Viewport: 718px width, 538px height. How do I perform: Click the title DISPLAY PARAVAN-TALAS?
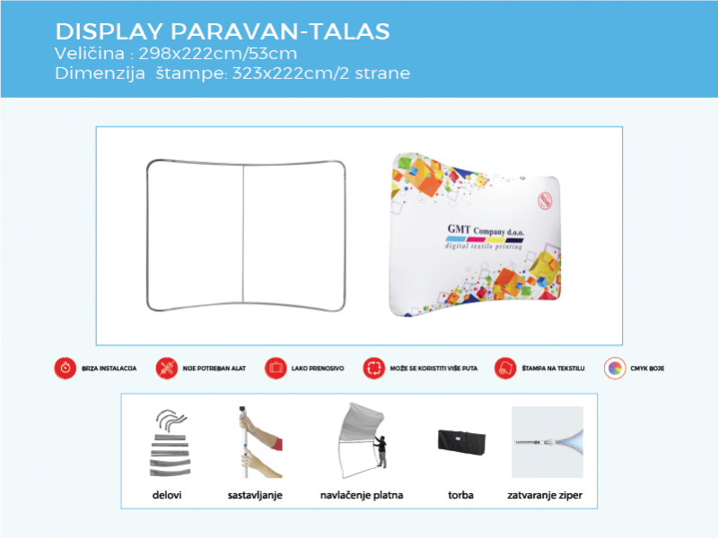222,31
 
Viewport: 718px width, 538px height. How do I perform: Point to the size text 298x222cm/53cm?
218,54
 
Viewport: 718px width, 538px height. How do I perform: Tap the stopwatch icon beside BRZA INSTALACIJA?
65,368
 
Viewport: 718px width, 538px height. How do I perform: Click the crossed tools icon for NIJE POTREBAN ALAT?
166,368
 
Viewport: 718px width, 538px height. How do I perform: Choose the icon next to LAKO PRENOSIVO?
276,368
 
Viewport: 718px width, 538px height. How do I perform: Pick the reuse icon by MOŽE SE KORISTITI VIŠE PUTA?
373,368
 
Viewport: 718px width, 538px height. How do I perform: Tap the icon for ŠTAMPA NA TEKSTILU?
505,368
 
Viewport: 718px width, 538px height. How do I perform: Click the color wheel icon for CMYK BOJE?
615,368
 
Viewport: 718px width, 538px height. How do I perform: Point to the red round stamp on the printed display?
542,198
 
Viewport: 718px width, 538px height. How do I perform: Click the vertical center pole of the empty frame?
243,235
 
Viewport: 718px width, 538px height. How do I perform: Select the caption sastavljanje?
255,495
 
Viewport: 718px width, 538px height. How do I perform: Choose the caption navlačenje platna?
361,495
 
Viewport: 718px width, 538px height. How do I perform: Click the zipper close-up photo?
547,443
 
